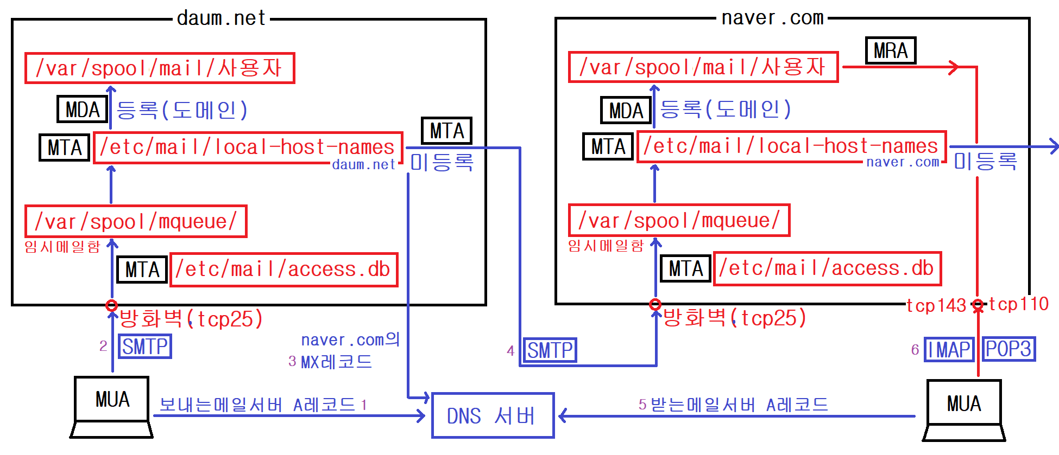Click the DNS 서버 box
(x=493, y=415)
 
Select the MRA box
(x=890, y=51)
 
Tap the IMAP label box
(x=949, y=349)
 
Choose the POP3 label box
(x=1008, y=349)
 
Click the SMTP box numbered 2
(x=145, y=347)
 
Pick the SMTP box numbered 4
(x=550, y=350)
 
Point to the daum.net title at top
(x=221, y=18)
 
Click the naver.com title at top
(x=772, y=18)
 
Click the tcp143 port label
(x=936, y=305)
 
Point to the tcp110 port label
(x=1018, y=304)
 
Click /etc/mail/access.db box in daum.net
(x=284, y=270)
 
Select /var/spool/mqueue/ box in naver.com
(x=679, y=221)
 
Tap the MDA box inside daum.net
(x=83, y=109)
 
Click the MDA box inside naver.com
(x=626, y=111)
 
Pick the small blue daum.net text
(x=363, y=165)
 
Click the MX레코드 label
(x=336, y=362)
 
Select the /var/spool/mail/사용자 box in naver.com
(x=703, y=67)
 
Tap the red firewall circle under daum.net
(x=112, y=305)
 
